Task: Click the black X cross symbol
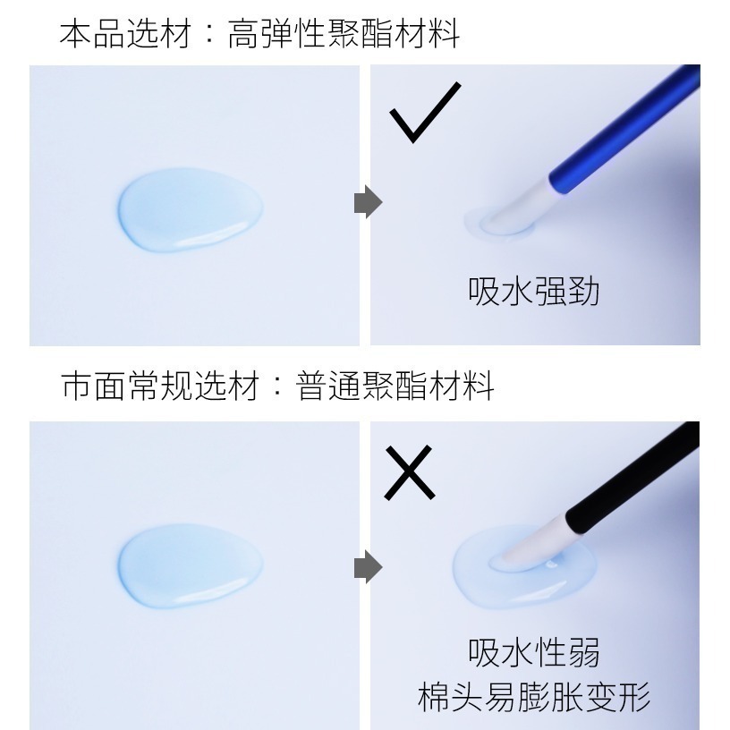(x=409, y=473)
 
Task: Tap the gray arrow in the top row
(x=368, y=203)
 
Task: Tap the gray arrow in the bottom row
(x=368, y=567)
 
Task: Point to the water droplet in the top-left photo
(x=190, y=209)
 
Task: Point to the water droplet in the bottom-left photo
(x=190, y=567)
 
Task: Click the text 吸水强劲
(x=533, y=292)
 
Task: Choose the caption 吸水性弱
(x=533, y=652)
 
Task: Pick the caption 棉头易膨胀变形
(x=533, y=696)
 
